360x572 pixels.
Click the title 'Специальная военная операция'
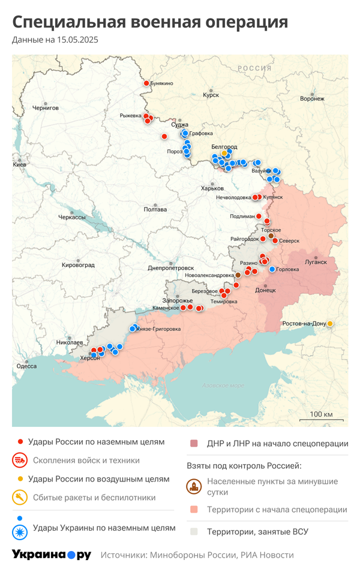(150, 22)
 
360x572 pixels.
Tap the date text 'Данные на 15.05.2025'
(55, 40)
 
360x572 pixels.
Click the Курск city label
(211, 95)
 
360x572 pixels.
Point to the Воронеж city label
(312, 98)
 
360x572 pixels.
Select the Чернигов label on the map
(46, 108)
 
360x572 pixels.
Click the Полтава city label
(155, 209)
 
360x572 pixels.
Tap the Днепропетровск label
(171, 268)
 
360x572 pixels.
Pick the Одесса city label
(26, 366)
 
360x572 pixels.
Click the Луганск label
(316, 262)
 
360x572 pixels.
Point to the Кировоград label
(78, 264)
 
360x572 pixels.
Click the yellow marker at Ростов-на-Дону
(329, 324)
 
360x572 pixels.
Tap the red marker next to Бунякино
(145, 83)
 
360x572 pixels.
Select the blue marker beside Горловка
(272, 269)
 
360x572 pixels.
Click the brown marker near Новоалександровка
(238, 275)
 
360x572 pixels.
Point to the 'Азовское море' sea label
(223, 386)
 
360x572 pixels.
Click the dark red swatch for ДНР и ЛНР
(193, 444)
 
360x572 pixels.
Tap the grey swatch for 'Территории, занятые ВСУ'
(193, 531)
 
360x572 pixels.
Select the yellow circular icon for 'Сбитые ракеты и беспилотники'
(19, 497)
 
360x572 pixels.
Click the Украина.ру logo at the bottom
(51, 555)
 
